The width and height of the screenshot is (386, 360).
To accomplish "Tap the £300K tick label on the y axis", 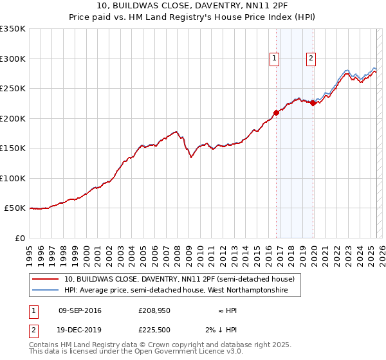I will (x=13, y=59).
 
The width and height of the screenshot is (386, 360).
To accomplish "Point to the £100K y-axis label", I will (x=13, y=178).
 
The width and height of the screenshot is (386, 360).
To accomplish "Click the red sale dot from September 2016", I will (x=276, y=113).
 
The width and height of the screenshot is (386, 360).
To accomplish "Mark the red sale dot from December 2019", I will (x=313, y=103).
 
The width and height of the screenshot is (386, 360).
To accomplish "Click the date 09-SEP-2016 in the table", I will (x=80, y=310).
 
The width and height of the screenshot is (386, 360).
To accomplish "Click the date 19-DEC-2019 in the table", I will (x=80, y=330).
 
